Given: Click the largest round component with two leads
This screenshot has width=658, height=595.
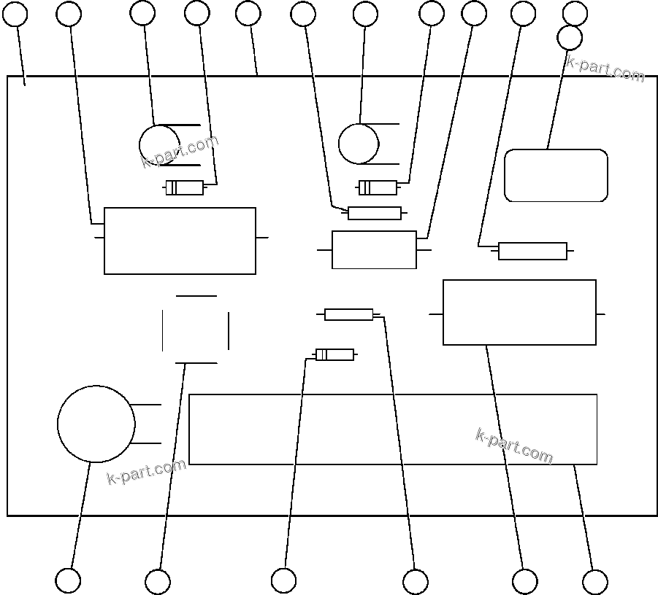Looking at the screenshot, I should [x=96, y=424].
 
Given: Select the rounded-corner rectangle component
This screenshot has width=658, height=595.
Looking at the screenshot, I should [x=556, y=176].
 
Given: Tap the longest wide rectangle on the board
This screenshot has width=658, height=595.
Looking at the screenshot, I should [x=393, y=429].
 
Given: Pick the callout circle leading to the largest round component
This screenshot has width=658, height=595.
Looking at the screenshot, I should [x=68, y=580].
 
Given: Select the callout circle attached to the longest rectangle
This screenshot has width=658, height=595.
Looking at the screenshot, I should [x=594, y=582].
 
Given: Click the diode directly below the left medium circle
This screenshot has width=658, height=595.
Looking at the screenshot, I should [x=184, y=188].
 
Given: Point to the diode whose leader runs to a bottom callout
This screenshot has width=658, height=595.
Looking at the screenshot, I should [x=334, y=355].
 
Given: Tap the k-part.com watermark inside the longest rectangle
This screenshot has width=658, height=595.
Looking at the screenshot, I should [x=514, y=446].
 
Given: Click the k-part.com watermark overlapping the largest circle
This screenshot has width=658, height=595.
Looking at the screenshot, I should [x=146, y=471].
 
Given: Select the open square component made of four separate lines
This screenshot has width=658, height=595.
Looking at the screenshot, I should [x=196, y=330].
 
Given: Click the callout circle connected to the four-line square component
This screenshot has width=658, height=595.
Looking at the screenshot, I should [x=158, y=582].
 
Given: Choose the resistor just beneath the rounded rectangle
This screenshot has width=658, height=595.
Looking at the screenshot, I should [x=532, y=251].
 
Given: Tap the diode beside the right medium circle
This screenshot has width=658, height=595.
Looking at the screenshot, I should [x=378, y=188].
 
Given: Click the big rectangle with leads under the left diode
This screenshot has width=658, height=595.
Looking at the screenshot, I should [x=180, y=241].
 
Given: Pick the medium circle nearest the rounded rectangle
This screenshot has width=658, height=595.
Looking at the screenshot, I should [x=358, y=144].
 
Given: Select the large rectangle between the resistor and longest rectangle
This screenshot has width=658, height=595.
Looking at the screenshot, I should [x=519, y=312].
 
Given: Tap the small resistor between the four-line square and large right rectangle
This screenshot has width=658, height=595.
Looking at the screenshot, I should [x=348, y=314].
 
